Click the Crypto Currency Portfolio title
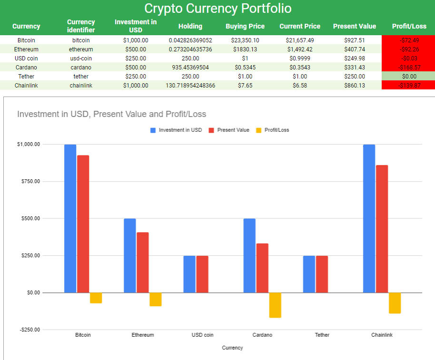click(x=217, y=9)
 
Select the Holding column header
click(x=190, y=26)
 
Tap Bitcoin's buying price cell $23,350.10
click(x=245, y=40)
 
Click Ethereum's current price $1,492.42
click(x=300, y=49)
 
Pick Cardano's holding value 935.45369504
click(x=190, y=67)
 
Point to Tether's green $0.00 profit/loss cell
click(x=409, y=76)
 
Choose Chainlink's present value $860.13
click(x=354, y=85)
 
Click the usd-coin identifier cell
click(x=81, y=58)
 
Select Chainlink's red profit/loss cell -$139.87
click(x=409, y=85)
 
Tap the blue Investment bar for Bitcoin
click(x=70, y=218)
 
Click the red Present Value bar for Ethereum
click(x=142, y=262)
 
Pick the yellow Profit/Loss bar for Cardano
click(x=275, y=305)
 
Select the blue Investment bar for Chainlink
click(x=369, y=218)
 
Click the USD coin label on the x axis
click(x=202, y=335)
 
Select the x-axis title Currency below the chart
click(x=232, y=348)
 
